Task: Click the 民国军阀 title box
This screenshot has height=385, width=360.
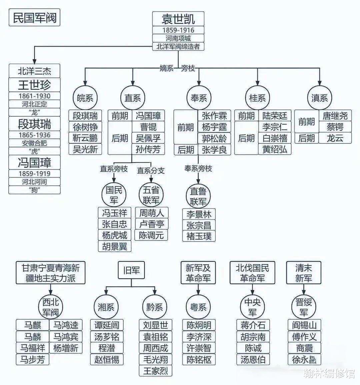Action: click(34, 17)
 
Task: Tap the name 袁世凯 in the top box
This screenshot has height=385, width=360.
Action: click(178, 19)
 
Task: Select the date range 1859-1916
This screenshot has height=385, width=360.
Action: click(178, 30)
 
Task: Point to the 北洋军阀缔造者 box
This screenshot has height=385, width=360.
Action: click(178, 46)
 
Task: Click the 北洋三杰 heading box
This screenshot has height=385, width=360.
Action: click(34, 71)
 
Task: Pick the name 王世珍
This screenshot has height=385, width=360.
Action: click(34, 85)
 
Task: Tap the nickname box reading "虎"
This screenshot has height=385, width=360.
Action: click(34, 151)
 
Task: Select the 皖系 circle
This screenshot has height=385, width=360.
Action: click(85, 98)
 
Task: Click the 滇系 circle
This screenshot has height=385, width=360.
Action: click(320, 98)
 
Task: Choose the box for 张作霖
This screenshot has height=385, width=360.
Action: click(214, 116)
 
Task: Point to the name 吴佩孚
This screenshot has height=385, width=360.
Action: click(148, 138)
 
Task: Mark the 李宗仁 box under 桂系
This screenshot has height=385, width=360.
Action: click(275, 127)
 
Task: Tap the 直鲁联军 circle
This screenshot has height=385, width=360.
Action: click(198, 196)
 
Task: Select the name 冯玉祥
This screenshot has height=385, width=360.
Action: click(115, 213)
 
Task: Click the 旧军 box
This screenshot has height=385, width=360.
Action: click(131, 270)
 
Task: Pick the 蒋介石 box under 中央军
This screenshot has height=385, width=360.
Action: click(253, 325)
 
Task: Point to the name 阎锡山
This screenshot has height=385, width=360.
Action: click(304, 325)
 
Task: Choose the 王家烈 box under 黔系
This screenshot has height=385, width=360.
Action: click(156, 371)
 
